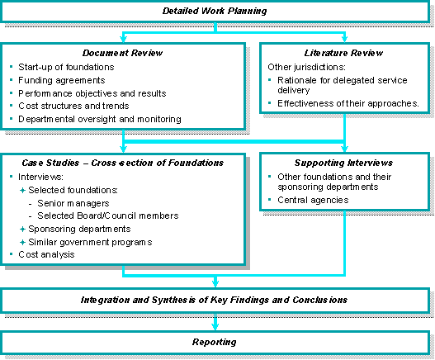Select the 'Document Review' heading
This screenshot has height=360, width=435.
click(x=123, y=52)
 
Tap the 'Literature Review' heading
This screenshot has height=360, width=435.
click(x=344, y=52)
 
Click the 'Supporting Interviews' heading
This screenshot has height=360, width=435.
click(x=344, y=163)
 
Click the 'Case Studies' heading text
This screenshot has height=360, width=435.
click(x=123, y=163)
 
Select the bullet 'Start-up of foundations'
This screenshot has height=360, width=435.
click(x=65, y=67)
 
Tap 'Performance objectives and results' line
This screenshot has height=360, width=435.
click(x=92, y=93)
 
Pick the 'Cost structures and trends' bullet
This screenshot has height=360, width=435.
click(x=73, y=107)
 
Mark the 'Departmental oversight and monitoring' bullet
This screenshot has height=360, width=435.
click(x=99, y=120)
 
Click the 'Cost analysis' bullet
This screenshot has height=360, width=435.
click(x=46, y=254)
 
